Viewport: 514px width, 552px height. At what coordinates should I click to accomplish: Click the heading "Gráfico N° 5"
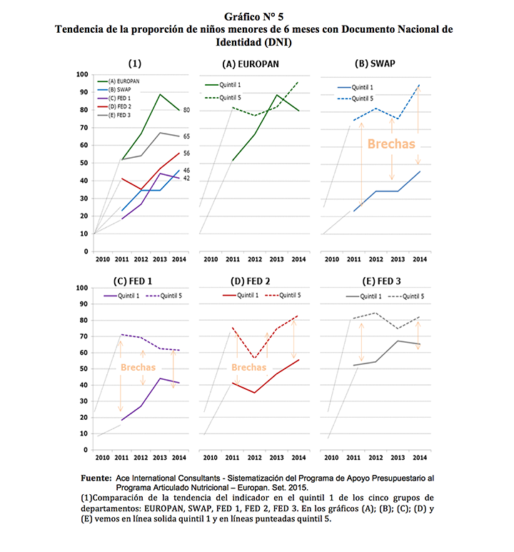(257, 15)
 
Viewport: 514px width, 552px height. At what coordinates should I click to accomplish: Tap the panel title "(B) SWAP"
(375, 64)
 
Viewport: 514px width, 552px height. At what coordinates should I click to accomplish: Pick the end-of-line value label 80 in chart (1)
(186, 110)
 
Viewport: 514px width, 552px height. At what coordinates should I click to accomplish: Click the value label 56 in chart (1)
(186, 153)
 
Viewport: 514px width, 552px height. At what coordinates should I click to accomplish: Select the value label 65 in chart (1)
(186, 136)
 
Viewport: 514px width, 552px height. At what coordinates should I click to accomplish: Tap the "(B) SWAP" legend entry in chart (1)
(124, 90)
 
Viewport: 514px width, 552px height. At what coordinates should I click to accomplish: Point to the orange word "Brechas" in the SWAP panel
(390, 144)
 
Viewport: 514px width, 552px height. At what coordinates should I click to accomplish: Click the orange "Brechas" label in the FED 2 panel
(249, 367)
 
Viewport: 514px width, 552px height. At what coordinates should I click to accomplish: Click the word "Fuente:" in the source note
(95, 475)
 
